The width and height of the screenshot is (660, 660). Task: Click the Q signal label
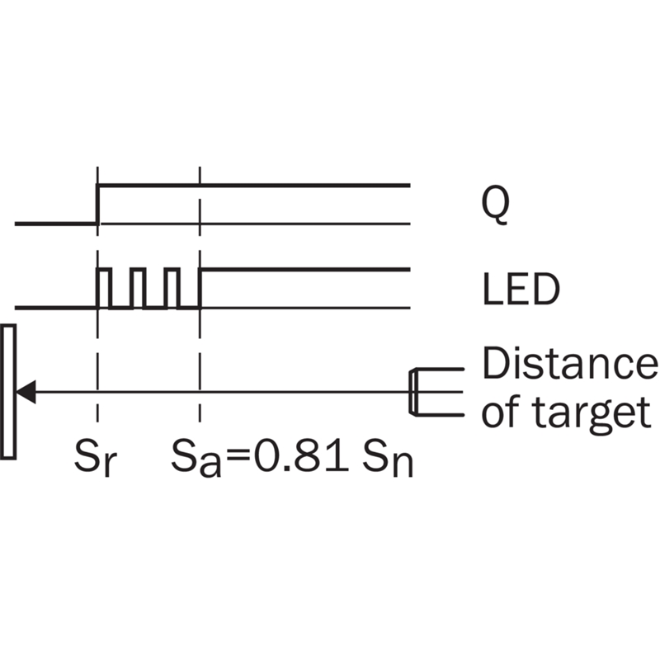pyautogui.click(x=496, y=205)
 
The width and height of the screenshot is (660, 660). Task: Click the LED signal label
pyautogui.click(x=521, y=290)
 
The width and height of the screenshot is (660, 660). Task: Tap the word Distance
pyautogui.click(x=570, y=364)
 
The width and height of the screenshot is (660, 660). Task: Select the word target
pyautogui.click(x=592, y=412)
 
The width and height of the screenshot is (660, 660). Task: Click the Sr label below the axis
pyautogui.click(x=95, y=458)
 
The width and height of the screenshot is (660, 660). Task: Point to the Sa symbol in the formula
pyautogui.click(x=196, y=458)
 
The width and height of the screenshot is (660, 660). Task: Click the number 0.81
pyautogui.click(x=301, y=455)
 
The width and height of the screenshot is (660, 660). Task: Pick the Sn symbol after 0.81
pyautogui.click(x=388, y=458)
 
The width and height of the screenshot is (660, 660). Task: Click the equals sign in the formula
pyautogui.click(x=238, y=457)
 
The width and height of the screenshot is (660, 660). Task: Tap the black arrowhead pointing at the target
pyautogui.click(x=26, y=392)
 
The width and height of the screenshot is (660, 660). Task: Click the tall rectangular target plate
pyautogui.click(x=8, y=391)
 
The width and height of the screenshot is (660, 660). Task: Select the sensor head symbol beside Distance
pyautogui.click(x=436, y=393)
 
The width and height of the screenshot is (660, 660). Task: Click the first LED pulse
pyautogui.click(x=104, y=288)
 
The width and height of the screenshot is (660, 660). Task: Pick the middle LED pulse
pyautogui.click(x=138, y=288)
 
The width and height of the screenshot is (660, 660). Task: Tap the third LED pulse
pyautogui.click(x=172, y=288)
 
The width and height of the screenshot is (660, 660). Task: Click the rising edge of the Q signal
pyautogui.click(x=98, y=204)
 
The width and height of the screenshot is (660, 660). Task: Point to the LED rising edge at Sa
pyautogui.click(x=200, y=288)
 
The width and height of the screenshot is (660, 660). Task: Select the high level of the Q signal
pyautogui.click(x=254, y=185)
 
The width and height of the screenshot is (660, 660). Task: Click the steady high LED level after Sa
pyautogui.click(x=306, y=270)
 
